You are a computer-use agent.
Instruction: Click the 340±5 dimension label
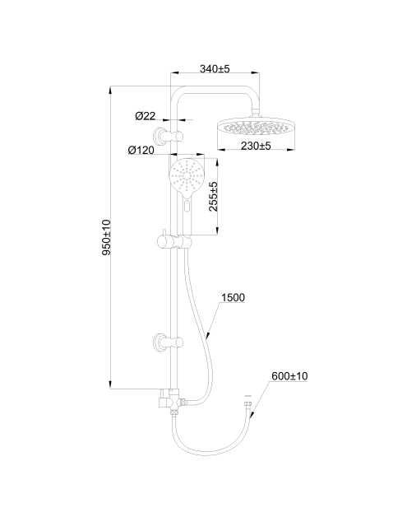(x=215, y=68)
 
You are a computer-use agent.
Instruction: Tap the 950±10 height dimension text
(x=106, y=237)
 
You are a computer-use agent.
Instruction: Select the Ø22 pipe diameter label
(x=145, y=116)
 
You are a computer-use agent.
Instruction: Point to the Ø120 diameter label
(x=141, y=150)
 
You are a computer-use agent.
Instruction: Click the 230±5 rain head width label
(x=256, y=146)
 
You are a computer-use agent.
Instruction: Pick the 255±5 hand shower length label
(x=214, y=197)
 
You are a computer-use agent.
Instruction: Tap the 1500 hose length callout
(x=233, y=297)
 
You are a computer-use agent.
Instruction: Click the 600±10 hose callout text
(x=289, y=376)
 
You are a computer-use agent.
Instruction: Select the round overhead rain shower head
(x=256, y=127)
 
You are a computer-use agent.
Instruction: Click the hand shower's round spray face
(x=187, y=175)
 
